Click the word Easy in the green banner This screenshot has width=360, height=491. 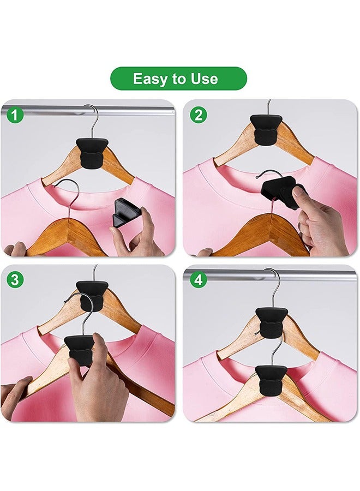tap(149, 79)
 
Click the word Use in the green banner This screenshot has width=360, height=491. tap(203, 79)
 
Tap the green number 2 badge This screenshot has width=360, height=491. tap(197, 115)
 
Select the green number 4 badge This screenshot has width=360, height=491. tap(197, 280)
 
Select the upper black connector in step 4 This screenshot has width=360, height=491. tap(271, 322)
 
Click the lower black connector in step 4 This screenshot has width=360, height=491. tap(271, 379)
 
